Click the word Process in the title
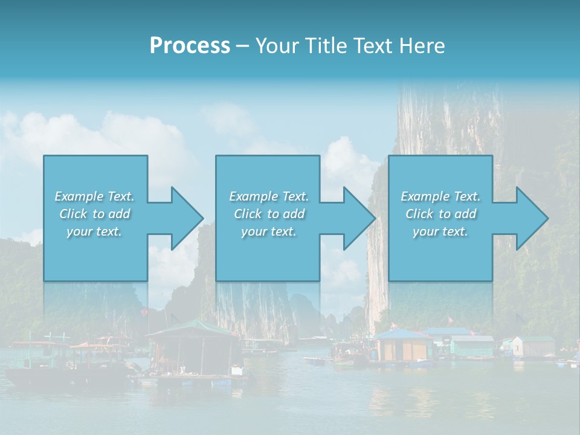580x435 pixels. tap(190, 46)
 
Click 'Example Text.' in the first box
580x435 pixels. tap(94, 196)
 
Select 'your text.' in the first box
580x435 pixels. tap(94, 231)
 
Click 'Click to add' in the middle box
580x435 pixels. tap(269, 214)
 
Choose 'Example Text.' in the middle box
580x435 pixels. tap(269, 196)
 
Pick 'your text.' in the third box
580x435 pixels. tap(440, 231)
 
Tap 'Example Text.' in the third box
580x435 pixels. tap(440, 196)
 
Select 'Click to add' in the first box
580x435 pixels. tap(94, 214)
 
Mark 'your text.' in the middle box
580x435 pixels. tap(269, 231)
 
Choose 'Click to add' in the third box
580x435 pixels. tap(440, 214)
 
